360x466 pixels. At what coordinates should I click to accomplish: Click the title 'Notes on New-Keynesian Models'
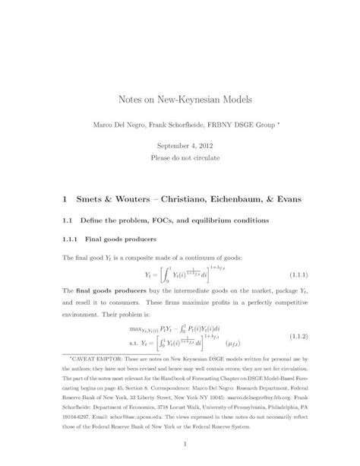(180, 100)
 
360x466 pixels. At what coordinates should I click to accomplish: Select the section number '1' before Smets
(68, 199)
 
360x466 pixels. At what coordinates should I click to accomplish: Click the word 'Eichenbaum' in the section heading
(241, 199)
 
